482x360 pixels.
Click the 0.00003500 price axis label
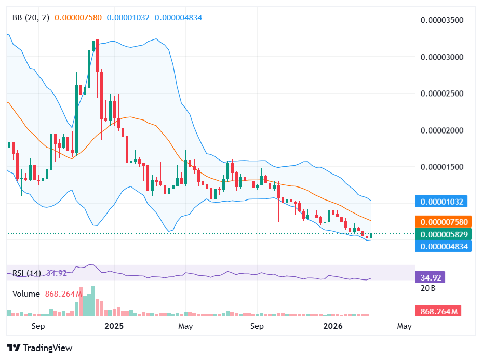click(x=441, y=21)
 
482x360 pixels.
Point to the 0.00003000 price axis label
click(x=441, y=57)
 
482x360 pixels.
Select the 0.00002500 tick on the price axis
click(x=441, y=94)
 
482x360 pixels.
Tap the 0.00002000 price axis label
click(x=441, y=130)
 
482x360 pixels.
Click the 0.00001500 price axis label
click(x=441, y=167)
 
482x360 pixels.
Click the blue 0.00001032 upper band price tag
click(x=443, y=202)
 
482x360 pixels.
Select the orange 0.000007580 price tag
click(x=443, y=222)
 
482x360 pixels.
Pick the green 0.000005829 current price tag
click(x=443, y=235)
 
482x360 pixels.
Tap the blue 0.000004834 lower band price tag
click(x=443, y=246)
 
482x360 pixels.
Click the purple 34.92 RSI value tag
click(x=430, y=277)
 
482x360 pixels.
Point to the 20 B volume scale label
click(x=428, y=288)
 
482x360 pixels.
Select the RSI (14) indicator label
click(x=26, y=273)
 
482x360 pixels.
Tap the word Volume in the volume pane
click(x=26, y=294)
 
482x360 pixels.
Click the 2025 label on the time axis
click(x=114, y=326)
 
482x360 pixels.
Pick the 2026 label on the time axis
click(x=332, y=326)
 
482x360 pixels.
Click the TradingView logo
click(x=39, y=348)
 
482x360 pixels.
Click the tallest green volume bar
click(x=93, y=301)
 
